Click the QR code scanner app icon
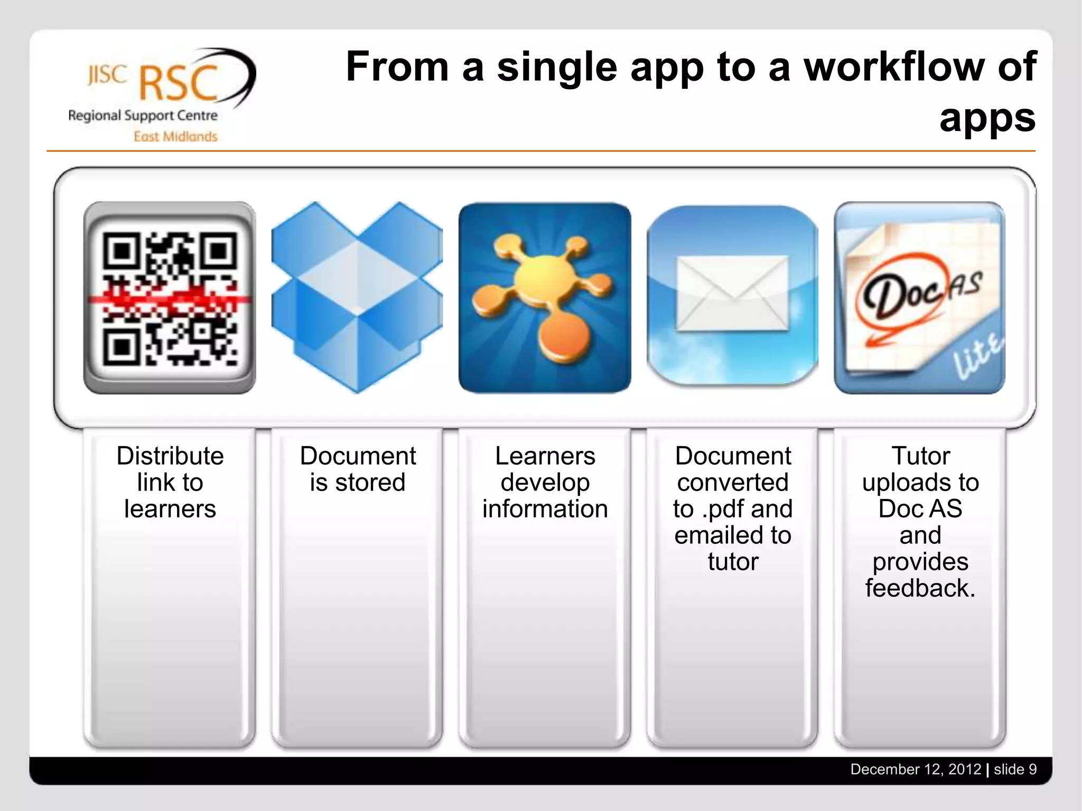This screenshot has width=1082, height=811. [x=170, y=298]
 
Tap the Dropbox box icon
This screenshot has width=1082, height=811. [x=357, y=298]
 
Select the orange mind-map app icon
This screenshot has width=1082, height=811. [x=545, y=298]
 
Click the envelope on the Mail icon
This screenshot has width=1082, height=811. [x=733, y=294]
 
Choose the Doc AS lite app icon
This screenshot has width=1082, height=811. [x=920, y=298]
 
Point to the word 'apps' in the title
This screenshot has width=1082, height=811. [x=987, y=118]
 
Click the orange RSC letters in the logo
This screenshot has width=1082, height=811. [x=179, y=83]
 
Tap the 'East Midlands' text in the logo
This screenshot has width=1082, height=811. [x=175, y=137]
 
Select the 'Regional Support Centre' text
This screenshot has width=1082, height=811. [x=143, y=115]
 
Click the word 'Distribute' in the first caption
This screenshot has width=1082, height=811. [x=170, y=456]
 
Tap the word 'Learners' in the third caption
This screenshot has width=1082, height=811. [x=545, y=456]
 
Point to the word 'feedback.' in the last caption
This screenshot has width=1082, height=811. [x=920, y=588]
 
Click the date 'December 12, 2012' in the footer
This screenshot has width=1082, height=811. [x=916, y=769]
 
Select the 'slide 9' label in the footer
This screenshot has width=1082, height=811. [x=1015, y=769]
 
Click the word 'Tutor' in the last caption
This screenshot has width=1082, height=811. [x=920, y=456]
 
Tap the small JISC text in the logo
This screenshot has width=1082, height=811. [x=107, y=75]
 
